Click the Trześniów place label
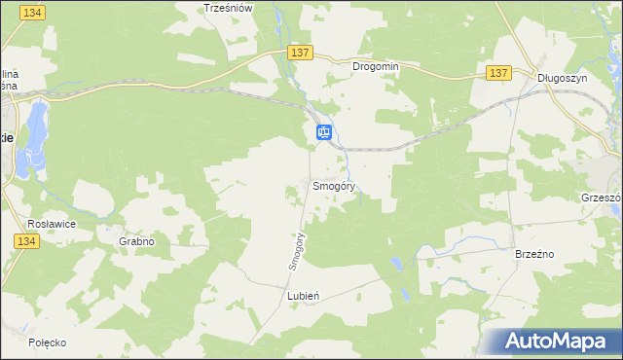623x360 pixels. (228, 7)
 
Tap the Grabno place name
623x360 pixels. (136, 240)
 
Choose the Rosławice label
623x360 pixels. (53, 223)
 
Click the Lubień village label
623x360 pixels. (304, 295)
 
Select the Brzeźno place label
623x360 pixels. (533, 253)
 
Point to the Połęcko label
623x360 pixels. (47, 342)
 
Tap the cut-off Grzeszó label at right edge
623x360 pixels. (601, 196)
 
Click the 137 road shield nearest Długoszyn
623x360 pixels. (498, 73)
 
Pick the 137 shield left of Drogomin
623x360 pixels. (298, 51)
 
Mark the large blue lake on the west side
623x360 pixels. (36, 132)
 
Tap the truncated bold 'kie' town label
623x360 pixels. (6, 138)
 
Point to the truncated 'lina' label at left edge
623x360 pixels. (9, 74)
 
